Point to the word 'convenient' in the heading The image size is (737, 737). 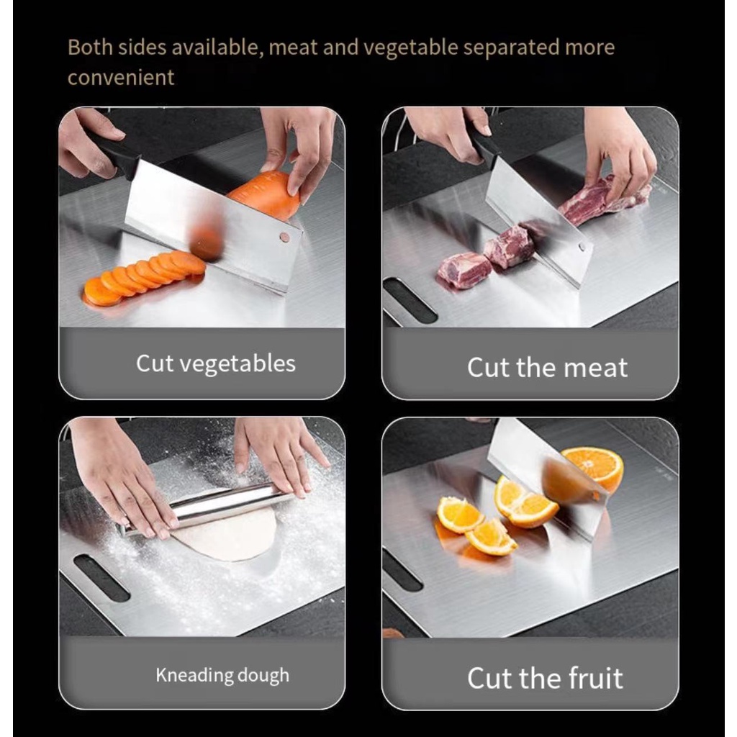click(x=121, y=77)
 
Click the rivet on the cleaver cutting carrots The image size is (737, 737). click(x=284, y=238)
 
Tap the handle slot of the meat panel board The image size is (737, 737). click(x=410, y=301)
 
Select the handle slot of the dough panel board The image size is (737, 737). click(x=101, y=578)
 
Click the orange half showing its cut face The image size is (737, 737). click(x=593, y=468)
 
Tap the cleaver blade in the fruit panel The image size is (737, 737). click(x=548, y=479)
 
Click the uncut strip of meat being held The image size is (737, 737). click(x=604, y=200)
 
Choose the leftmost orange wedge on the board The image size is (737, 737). click(x=458, y=515)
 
